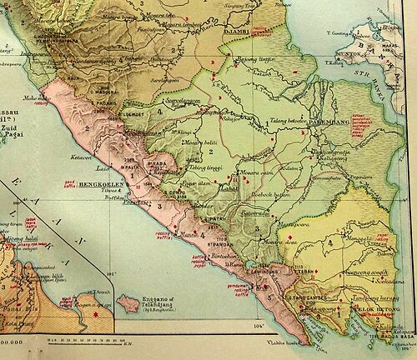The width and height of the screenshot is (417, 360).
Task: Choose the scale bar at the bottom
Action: click(x=83, y=339)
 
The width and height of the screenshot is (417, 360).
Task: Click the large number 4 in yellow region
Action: click(x=332, y=242)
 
